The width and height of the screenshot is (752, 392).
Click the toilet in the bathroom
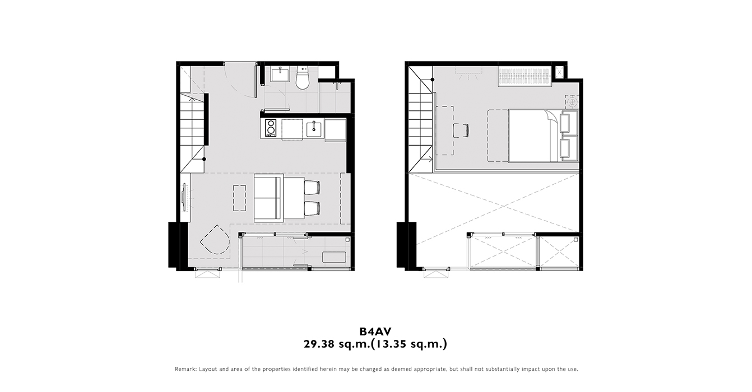[302, 79]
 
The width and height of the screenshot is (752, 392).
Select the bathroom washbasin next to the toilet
[280, 74]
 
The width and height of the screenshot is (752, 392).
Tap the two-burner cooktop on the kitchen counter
[270, 128]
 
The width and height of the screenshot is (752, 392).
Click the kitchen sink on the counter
[314, 129]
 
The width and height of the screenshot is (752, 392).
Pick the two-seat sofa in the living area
[269, 198]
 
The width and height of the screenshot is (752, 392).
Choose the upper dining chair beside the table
[312, 188]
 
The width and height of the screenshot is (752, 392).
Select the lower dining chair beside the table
[312, 208]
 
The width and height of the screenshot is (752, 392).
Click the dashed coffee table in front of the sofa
[239, 198]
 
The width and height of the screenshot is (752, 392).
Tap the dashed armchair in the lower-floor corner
[215, 240]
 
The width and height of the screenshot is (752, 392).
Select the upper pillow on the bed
[565, 123]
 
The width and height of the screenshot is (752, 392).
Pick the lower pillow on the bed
[565, 148]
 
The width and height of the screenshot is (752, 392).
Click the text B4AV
[375, 332]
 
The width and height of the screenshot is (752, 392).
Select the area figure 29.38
[319, 344]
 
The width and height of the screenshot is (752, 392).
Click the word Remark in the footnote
[185, 369]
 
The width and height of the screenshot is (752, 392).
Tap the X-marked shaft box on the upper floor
[559, 72]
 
